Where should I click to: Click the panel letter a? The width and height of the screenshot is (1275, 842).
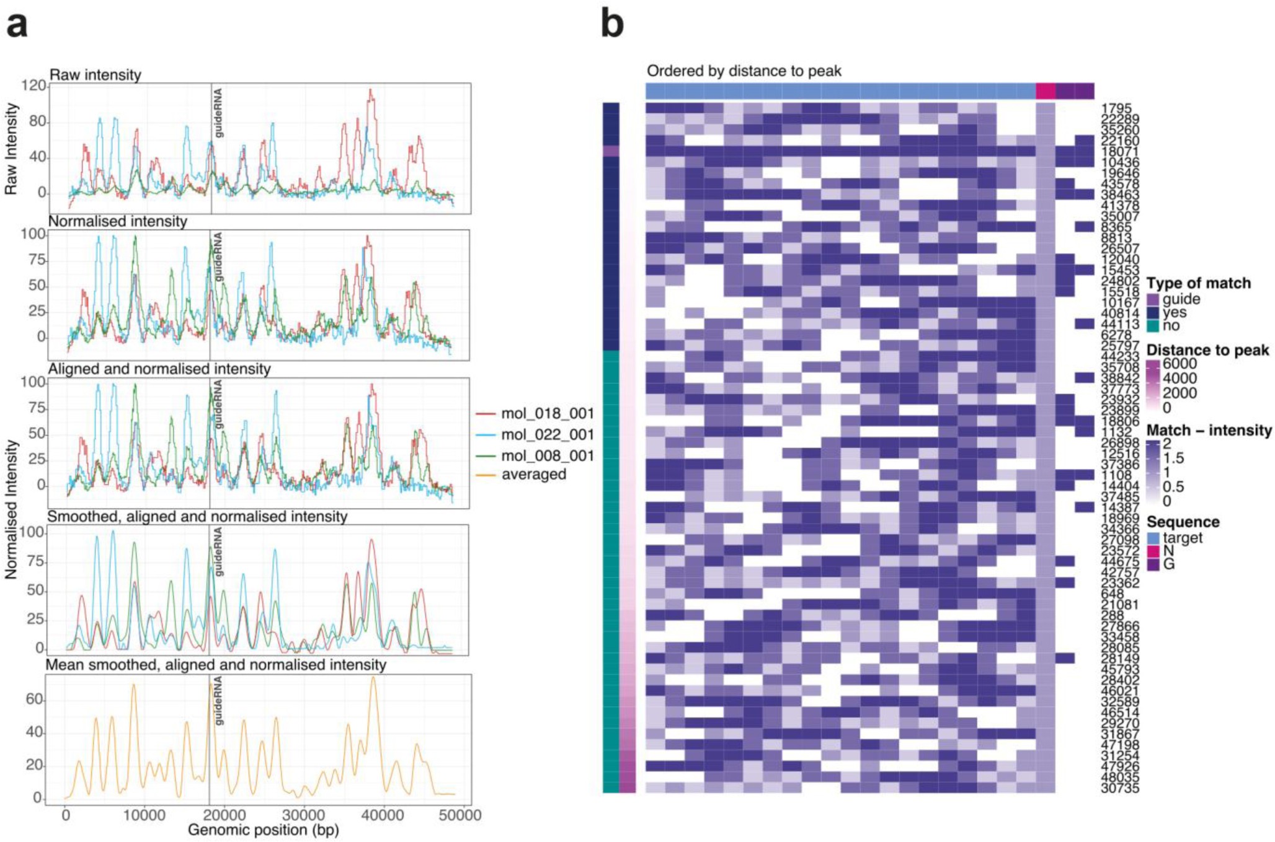coord(17,26)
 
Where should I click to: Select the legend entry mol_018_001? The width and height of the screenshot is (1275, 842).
coord(547,413)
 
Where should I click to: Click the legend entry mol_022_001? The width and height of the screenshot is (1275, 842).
coord(547,434)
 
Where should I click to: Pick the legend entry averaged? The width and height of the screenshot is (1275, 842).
coord(533,475)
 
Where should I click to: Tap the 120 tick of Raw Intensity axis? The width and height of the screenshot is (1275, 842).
coord(33,86)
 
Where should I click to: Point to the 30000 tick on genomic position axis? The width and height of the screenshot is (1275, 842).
coord(303,815)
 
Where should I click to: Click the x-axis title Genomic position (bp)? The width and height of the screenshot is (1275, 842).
coord(263,830)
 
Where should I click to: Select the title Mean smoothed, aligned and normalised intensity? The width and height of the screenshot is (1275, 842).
coord(216,665)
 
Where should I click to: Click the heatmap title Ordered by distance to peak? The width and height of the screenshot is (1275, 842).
coord(744,71)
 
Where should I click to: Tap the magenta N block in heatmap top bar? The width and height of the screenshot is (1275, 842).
coord(1046,91)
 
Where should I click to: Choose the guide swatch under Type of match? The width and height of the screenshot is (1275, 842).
coord(1153,300)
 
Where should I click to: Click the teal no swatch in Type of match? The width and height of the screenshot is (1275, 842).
coord(1153,326)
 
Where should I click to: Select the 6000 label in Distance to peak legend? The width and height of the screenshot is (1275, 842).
coord(1179,364)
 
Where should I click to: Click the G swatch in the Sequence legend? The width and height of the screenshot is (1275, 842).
coord(1153,564)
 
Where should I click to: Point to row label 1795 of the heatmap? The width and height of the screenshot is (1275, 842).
coord(1116,108)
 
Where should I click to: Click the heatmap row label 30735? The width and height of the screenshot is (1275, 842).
coord(1120,789)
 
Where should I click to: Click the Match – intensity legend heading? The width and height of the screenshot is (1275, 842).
coord(1209,431)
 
